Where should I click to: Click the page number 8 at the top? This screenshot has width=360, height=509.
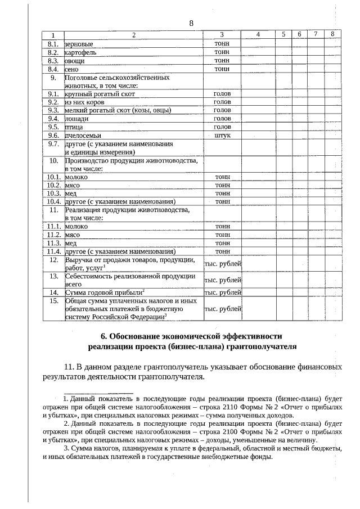point(191,23)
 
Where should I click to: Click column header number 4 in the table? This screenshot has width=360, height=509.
point(258,35)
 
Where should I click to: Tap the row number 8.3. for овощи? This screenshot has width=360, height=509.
point(54,60)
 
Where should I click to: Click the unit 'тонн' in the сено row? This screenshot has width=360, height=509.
point(222,69)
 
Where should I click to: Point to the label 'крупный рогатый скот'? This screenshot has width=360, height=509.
point(100,94)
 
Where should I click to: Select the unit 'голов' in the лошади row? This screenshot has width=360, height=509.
point(222,119)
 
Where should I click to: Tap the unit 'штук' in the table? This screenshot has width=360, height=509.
point(222,136)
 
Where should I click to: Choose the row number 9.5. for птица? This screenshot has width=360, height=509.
point(54,127)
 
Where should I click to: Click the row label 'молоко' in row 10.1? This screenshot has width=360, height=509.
point(76,177)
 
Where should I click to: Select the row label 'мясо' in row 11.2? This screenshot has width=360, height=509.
point(73,235)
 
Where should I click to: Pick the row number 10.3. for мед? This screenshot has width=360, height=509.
point(54,193)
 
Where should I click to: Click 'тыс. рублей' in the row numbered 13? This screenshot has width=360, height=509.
point(223,280)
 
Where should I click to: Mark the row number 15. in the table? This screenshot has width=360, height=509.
point(54,301)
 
